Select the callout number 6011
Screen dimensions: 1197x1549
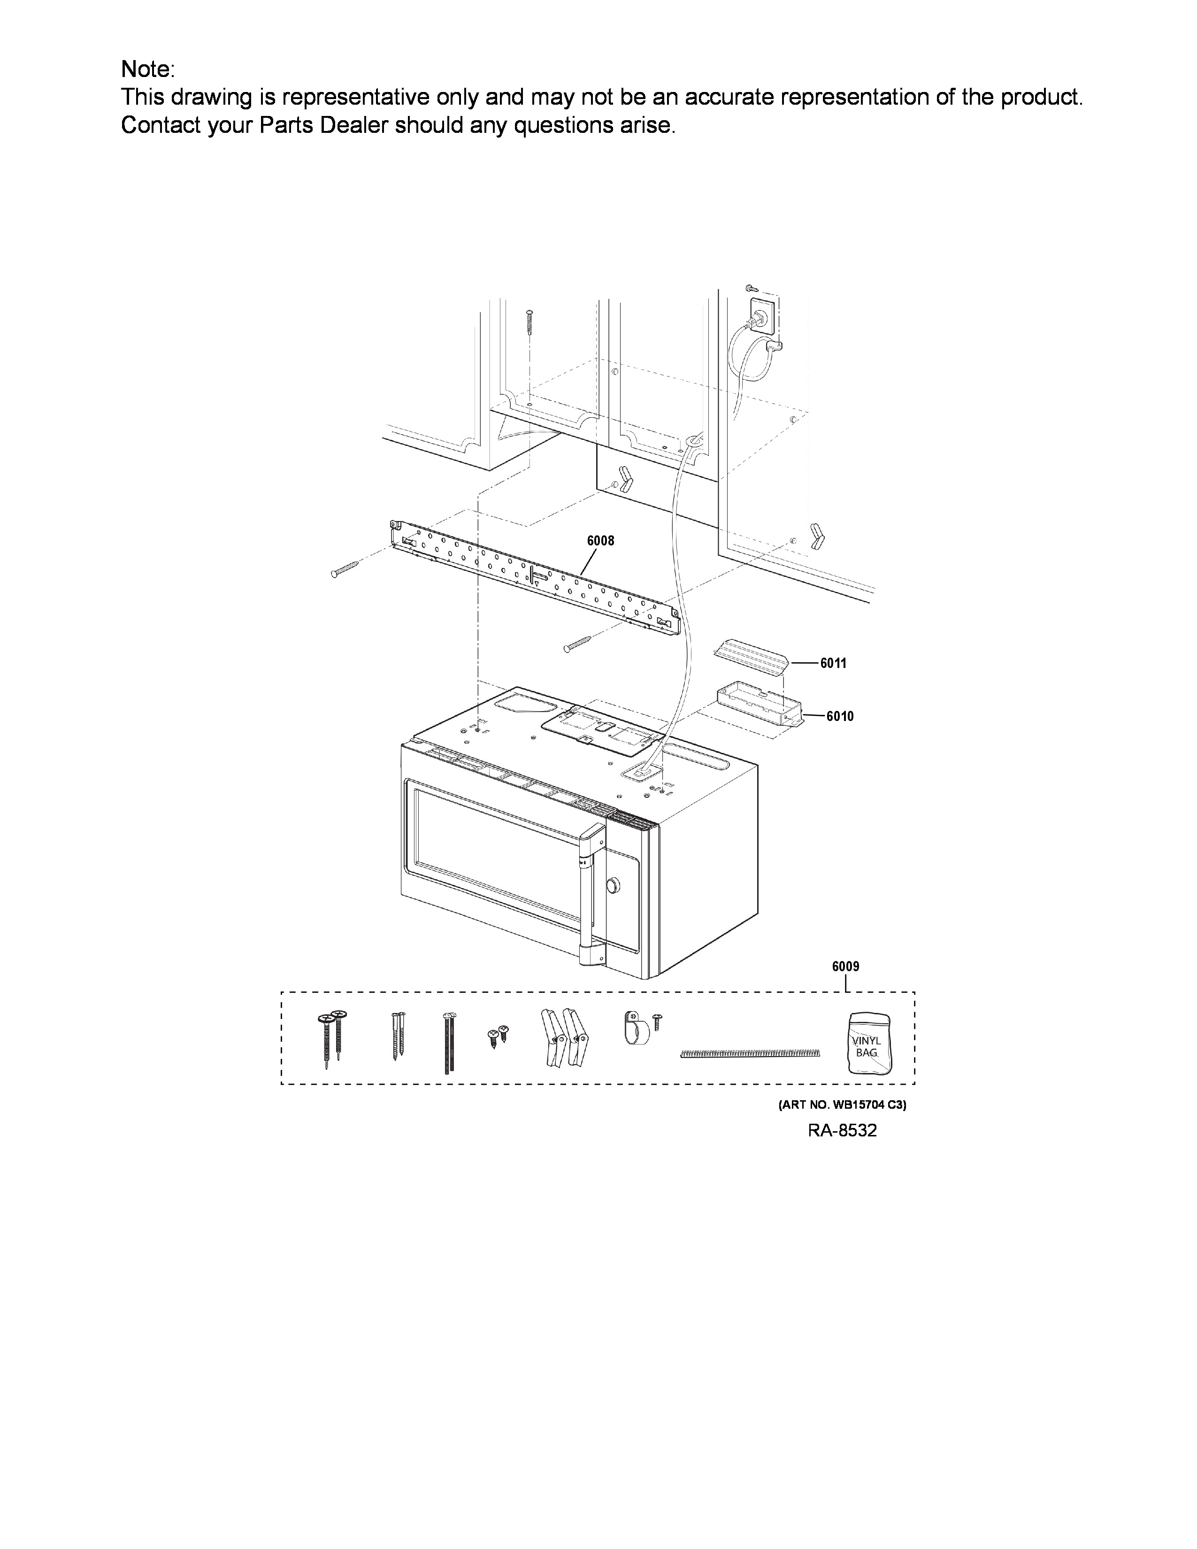click(x=833, y=663)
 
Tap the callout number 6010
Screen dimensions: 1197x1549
click(x=840, y=716)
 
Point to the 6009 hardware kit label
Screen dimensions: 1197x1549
click(x=846, y=966)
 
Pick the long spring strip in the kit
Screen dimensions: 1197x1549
click(x=750, y=1054)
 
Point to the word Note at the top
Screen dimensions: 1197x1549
click(x=147, y=69)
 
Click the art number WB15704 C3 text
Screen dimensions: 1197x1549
click(x=843, y=1105)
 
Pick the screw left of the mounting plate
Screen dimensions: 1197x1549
click(x=346, y=569)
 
